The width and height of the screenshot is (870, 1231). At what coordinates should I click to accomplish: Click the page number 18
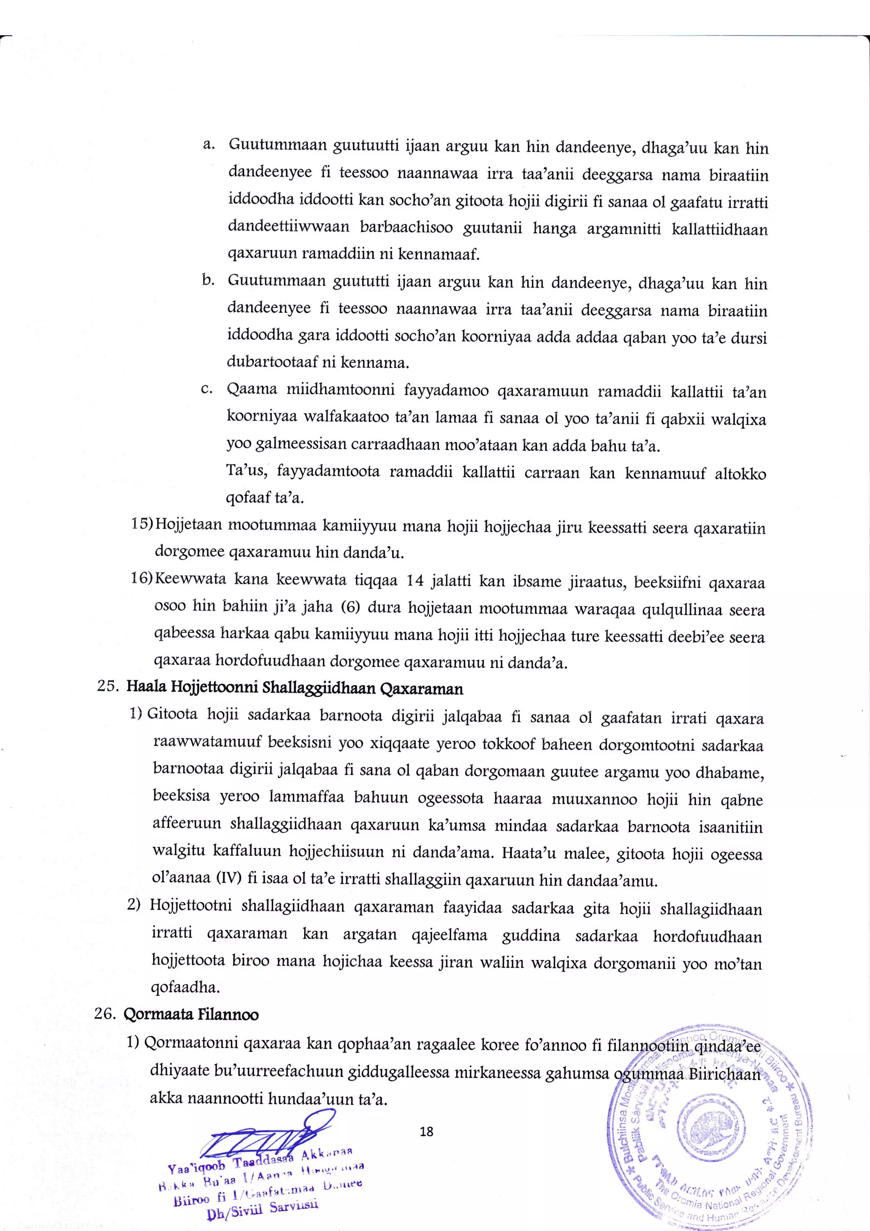point(427,1131)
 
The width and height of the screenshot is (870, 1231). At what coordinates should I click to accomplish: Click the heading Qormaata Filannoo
point(191,1014)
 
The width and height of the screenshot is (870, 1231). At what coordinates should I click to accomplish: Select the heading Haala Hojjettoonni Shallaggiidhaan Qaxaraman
point(294,689)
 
